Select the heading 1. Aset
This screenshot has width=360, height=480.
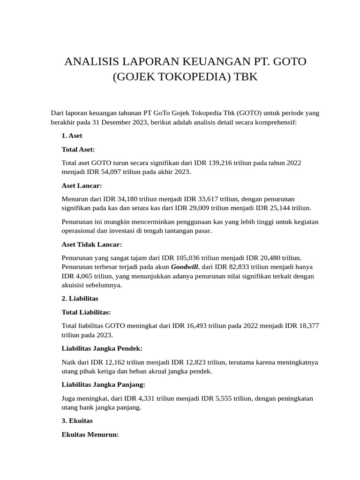click(72, 136)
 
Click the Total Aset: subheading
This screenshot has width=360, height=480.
click(78, 149)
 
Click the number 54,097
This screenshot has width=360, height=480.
click(102, 172)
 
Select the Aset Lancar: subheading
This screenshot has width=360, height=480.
click(82, 185)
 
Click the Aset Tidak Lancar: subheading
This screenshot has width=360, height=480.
click(92, 244)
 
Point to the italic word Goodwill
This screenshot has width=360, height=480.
click(185, 267)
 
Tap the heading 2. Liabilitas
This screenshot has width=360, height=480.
click(80, 298)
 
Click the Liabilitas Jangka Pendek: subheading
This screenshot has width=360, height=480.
click(102, 348)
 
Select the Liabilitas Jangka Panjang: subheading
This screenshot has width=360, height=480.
click(104, 384)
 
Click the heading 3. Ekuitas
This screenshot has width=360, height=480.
click(77, 421)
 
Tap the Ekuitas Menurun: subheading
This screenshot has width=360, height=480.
click(90, 435)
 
